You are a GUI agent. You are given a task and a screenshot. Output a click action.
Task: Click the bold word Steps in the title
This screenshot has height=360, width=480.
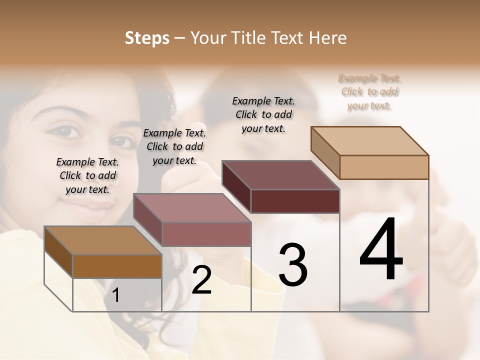click(147, 38)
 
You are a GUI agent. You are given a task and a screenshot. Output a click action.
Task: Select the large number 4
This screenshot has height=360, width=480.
click(381, 249)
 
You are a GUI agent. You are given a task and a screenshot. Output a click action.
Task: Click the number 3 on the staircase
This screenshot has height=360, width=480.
click(293, 264)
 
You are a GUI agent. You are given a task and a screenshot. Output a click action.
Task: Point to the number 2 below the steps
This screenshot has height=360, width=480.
click(201, 280)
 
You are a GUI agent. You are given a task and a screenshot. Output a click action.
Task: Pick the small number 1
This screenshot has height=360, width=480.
click(116, 295)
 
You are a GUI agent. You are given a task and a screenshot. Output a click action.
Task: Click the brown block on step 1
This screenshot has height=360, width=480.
click(117, 266)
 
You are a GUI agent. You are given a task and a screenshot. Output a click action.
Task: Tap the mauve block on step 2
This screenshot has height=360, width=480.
click(206, 233)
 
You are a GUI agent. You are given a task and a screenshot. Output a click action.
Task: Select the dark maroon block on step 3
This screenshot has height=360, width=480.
click(295, 201)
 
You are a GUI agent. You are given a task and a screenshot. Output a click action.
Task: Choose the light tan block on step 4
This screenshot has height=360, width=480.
click(384, 167)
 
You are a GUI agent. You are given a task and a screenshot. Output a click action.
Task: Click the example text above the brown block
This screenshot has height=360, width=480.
click(87, 175)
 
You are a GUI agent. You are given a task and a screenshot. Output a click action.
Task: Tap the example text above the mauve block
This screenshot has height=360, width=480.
click(174, 146)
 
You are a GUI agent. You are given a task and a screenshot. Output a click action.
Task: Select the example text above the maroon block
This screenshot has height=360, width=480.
click(263, 114)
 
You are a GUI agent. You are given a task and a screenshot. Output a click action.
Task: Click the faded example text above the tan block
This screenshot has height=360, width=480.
click(369, 92)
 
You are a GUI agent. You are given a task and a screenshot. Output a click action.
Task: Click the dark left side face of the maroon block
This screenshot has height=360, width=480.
click(236, 186)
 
